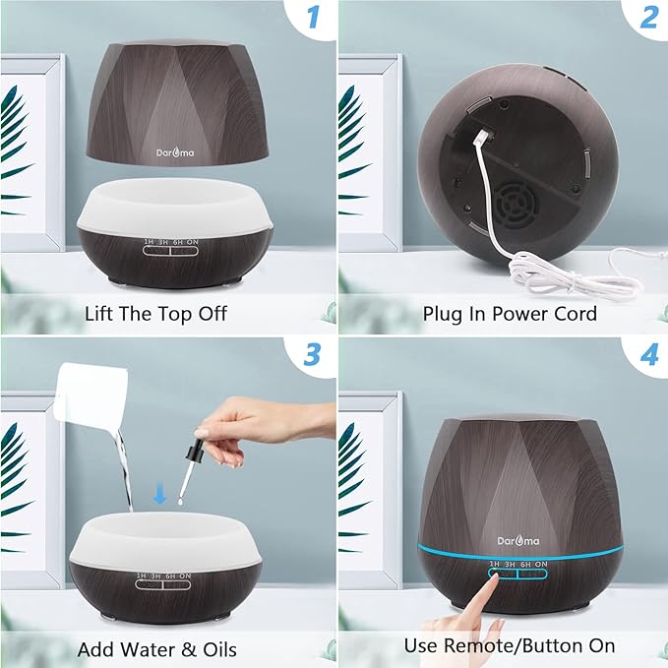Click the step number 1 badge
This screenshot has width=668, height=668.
pyautogui.click(x=314, y=17)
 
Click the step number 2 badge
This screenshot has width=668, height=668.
pyautogui.click(x=648, y=17)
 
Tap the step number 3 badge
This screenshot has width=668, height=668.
pyautogui.click(x=314, y=355)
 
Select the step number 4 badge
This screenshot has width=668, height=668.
pyautogui.click(x=648, y=355)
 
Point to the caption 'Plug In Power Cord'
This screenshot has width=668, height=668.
pyautogui.click(x=510, y=313)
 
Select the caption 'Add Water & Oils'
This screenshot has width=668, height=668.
pyautogui.click(x=157, y=649)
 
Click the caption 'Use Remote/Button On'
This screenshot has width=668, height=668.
pyautogui.click(x=510, y=645)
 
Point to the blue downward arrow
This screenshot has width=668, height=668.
pyautogui.click(x=160, y=494)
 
